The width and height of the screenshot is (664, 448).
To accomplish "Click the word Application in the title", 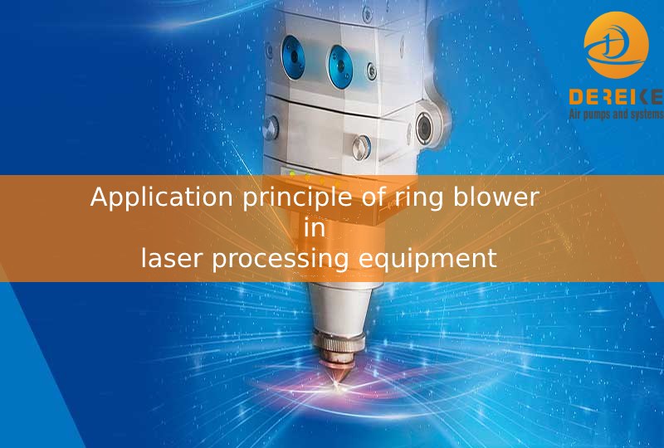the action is pyautogui.click(x=161, y=197).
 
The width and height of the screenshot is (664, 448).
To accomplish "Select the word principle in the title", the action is pyautogui.click(x=297, y=197).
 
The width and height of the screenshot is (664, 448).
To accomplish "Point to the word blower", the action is pyautogui.click(x=496, y=197).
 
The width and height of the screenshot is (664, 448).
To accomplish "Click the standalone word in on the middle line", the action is pyautogui.click(x=315, y=227).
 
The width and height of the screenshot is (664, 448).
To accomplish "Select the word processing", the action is pyautogui.click(x=280, y=259).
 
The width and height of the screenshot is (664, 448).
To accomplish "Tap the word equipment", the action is pyautogui.click(x=427, y=259).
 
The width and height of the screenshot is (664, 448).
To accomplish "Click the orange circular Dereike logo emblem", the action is pyautogui.click(x=616, y=45).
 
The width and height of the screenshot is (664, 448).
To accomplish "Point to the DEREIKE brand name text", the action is pyautogui.click(x=616, y=97).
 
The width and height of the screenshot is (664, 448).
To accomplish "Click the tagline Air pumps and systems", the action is pyautogui.click(x=616, y=114).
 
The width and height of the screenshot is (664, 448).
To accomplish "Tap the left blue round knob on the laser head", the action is pyautogui.click(x=293, y=57).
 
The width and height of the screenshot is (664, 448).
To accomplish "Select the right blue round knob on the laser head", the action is pyautogui.click(x=340, y=67).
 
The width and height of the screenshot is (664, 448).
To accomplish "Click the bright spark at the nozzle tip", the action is pyautogui.click(x=337, y=385).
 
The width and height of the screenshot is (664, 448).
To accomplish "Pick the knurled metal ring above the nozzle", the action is pyautogui.click(x=339, y=341).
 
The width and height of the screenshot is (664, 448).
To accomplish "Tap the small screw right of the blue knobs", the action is pyautogui.click(x=371, y=71).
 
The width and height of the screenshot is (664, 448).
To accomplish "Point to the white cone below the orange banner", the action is pyautogui.click(x=339, y=307).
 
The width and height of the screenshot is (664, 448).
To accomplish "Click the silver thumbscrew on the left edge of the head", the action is pyautogui.click(x=271, y=128).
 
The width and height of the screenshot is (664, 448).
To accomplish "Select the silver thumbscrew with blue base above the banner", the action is pyautogui.click(x=361, y=148).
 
